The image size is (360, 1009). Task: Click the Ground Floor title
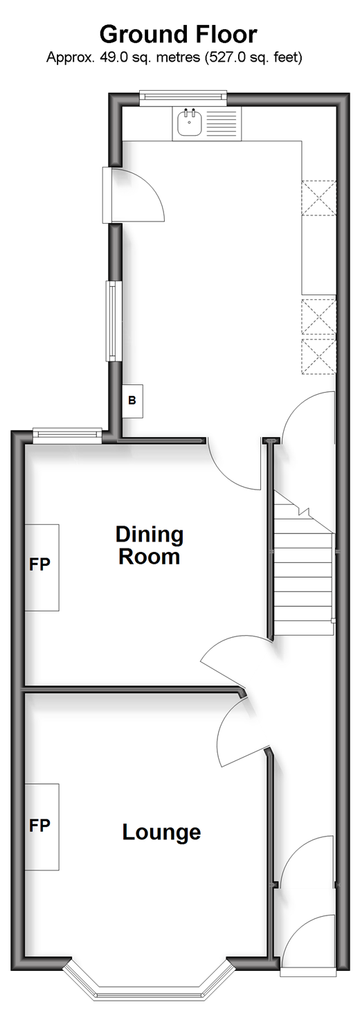(179, 34)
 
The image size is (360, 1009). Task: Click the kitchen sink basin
(188, 121)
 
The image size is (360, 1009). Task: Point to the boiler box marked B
(133, 400)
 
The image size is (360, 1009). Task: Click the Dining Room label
(150, 545)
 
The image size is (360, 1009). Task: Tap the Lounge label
(161, 832)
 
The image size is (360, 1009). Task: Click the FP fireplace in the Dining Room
(42, 567)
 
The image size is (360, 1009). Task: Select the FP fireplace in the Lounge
(42, 828)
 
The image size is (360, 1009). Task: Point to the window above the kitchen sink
(183, 98)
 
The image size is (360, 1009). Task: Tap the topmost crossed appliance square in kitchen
(319, 198)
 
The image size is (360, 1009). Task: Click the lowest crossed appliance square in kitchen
(319, 357)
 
